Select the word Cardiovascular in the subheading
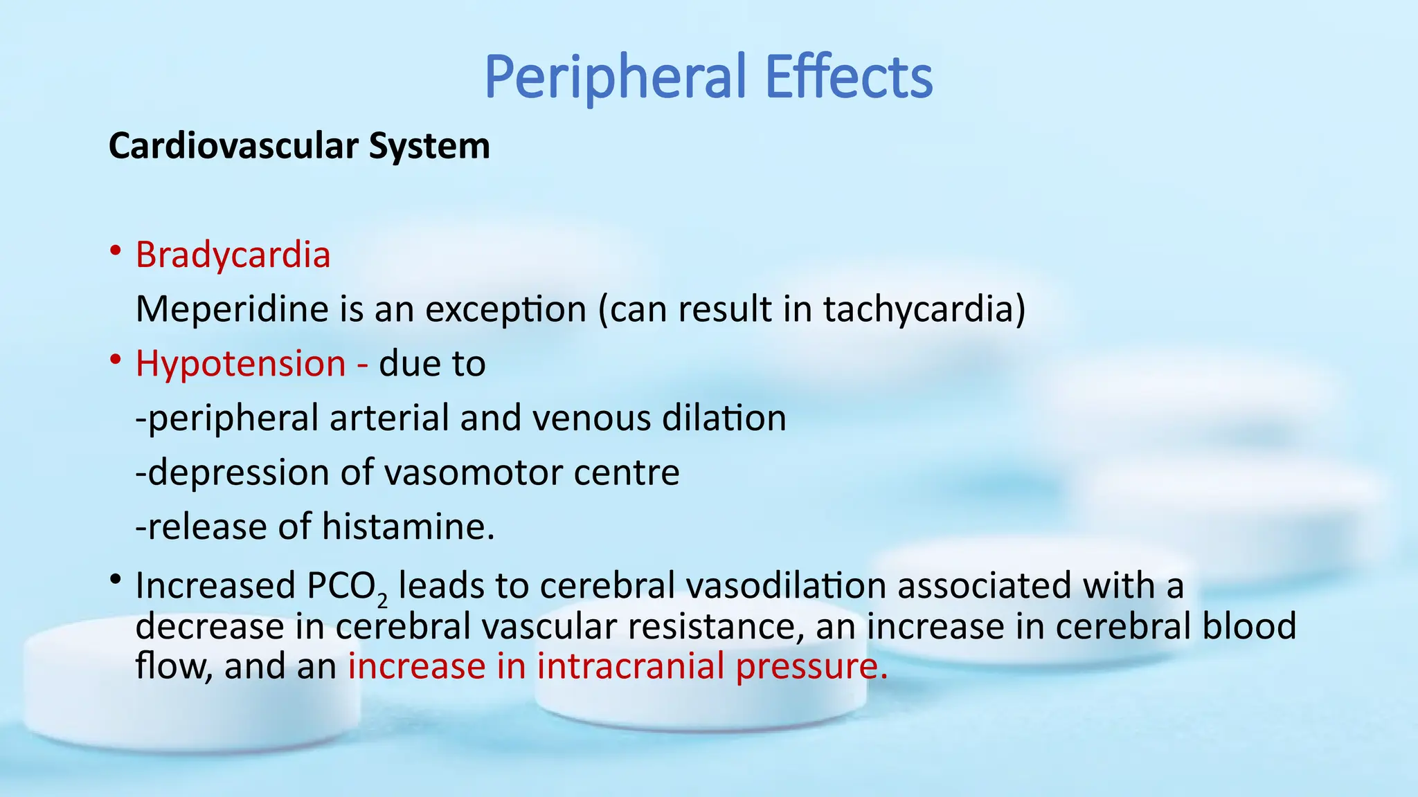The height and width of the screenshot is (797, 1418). pyautogui.click(x=233, y=147)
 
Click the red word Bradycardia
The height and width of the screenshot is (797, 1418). pyautogui.click(x=233, y=255)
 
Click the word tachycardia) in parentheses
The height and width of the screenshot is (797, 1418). pyautogui.click(x=924, y=309)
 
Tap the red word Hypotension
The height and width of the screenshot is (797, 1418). pyautogui.click(x=240, y=364)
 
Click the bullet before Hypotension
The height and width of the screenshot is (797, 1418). pyautogui.click(x=116, y=360)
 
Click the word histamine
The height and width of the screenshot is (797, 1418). pyautogui.click(x=409, y=526)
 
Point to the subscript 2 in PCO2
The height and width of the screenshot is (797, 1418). pyautogui.click(x=382, y=599)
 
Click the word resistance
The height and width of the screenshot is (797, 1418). pyautogui.click(x=715, y=626)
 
